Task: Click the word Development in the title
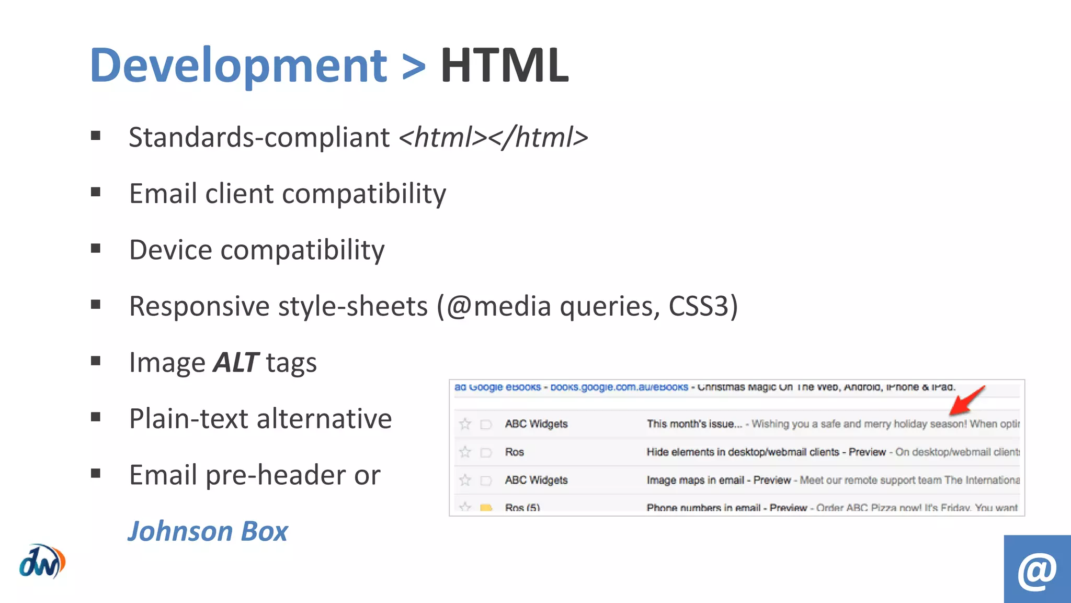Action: click(238, 65)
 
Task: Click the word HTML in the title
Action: click(504, 65)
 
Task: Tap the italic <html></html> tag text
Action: click(493, 137)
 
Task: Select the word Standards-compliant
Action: click(259, 137)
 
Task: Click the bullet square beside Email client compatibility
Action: click(95, 192)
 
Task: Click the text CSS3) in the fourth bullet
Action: click(703, 306)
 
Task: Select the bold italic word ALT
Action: click(235, 362)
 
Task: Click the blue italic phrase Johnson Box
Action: click(208, 531)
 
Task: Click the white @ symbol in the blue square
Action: click(1037, 570)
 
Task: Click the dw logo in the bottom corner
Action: click(42, 562)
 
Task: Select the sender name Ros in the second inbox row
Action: click(514, 452)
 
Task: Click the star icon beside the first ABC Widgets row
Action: click(465, 424)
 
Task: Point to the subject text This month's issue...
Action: click(694, 424)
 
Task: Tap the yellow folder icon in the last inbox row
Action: click(486, 507)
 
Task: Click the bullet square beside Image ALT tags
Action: click(95, 361)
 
